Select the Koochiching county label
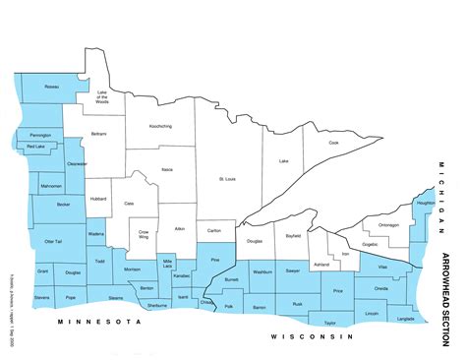coord(160,127)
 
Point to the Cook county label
coord(333,143)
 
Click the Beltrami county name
coord(98,133)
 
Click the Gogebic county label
coord(370,243)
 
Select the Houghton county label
coord(425,204)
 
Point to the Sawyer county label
coord(293,270)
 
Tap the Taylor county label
coord(330,323)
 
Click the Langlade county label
coord(406,319)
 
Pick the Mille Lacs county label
coord(167,264)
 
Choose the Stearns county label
coord(116,296)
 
